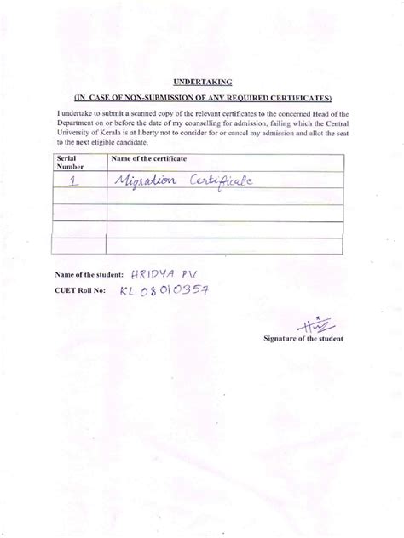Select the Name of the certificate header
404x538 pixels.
[149, 159]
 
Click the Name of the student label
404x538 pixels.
[87, 276]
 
